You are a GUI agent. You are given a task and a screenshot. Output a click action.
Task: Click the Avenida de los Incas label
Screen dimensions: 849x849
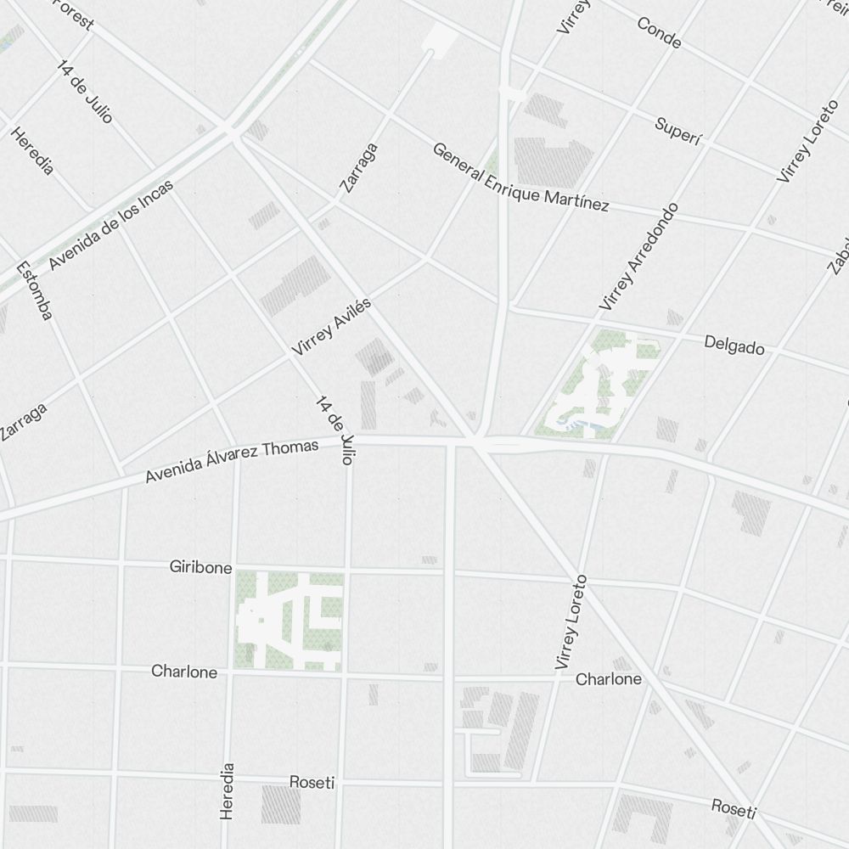(110, 225)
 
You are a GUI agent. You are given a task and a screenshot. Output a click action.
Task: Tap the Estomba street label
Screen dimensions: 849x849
(35, 290)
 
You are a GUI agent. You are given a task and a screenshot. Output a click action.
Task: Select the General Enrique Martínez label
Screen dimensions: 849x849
(520, 177)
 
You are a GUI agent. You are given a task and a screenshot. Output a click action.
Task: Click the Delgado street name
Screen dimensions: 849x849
(734, 346)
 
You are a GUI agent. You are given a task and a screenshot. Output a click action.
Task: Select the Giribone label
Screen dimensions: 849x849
(200, 567)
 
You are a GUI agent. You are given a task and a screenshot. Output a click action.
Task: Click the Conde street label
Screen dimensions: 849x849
(658, 31)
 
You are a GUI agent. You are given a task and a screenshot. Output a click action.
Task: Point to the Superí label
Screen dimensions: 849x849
(678, 132)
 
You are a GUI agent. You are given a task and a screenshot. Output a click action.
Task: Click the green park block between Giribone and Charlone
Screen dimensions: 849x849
(290, 621)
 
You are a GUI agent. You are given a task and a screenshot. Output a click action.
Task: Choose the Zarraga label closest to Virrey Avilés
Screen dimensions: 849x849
(357, 167)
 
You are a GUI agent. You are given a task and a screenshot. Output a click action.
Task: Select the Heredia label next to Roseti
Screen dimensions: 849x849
(227, 790)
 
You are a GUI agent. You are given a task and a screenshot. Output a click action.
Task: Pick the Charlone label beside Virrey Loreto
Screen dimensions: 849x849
(608, 679)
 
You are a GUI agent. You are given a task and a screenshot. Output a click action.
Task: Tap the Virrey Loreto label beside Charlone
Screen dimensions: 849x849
(571, 622)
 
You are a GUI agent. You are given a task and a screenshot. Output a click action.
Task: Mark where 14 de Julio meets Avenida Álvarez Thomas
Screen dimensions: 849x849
(349, 441)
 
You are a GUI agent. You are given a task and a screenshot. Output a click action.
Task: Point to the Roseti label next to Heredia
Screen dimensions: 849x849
(312, 782)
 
